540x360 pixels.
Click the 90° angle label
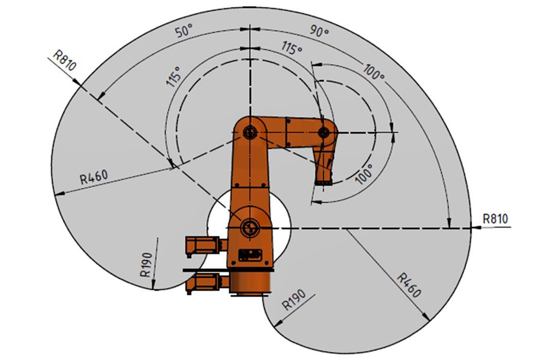[x=319, y=31]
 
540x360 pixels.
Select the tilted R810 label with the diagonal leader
[x=65, y=60]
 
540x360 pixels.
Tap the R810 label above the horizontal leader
[x=495, y=219]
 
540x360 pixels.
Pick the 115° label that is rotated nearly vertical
[x=173, y=77]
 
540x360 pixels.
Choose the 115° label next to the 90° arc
[x=292, y=48]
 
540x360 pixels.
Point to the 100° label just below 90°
[x=374, y=72]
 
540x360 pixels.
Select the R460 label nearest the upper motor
[x=94, y=177]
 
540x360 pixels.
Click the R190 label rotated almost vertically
[x=147, y=264]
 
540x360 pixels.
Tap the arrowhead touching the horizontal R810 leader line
[x=475, y=227]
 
